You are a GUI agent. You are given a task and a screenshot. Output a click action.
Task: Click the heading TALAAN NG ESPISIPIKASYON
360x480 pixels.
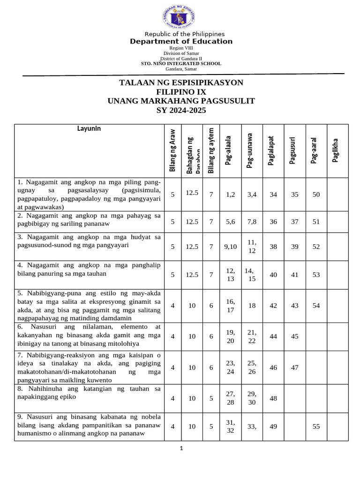tap(181, 83)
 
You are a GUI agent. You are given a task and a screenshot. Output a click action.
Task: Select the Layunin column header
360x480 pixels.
tap(89, 128)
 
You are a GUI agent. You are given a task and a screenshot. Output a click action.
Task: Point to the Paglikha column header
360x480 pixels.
tap(336, 151)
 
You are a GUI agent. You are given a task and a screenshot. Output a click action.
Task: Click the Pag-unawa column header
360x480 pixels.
tap(251, 151)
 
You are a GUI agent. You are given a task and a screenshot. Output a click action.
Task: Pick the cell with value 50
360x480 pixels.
tap(316, 194)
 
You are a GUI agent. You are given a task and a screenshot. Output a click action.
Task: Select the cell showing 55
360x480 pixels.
tap(316, 427)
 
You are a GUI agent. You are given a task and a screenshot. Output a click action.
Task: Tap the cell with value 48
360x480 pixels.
tap(273, 398)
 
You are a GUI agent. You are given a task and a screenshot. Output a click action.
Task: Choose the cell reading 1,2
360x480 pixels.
tap(230, 194)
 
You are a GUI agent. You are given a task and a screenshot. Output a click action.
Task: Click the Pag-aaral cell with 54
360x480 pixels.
tap(316, 306)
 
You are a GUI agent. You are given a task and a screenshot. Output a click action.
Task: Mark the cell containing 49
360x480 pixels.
tap(273, 427)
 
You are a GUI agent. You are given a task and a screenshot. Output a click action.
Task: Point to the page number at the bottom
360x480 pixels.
tap(181, 449)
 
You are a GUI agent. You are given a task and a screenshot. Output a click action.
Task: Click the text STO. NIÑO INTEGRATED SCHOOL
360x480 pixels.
tap(181, 63)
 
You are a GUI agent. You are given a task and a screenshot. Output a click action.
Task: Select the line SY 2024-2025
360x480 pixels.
tap(181, 111)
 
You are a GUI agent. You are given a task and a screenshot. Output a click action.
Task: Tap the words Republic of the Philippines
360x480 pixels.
tap(184, 34)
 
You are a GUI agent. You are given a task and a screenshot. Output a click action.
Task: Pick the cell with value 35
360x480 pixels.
tap(294, 194)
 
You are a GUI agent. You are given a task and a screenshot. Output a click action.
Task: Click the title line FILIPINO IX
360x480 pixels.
tap(181, 92)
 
